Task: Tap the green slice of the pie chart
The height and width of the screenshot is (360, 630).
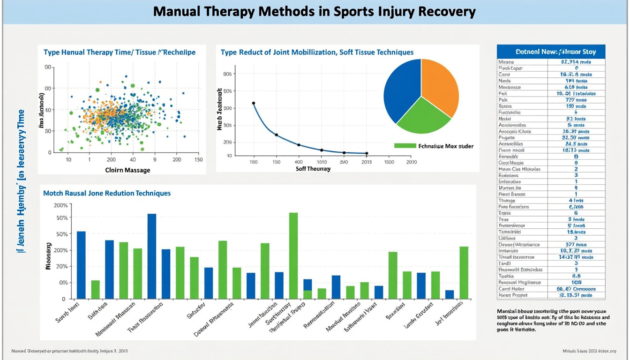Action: [x=422, y=117]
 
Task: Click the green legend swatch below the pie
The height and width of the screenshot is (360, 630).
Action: [x=405, y=146]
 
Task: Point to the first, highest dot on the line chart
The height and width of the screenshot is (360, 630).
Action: [x=254, y=103]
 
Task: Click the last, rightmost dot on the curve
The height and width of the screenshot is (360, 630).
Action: [x=367, y=153]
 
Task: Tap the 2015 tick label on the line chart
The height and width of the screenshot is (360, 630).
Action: [x=367, y=162]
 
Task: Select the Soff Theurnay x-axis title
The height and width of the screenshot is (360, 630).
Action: [x=313, y=169]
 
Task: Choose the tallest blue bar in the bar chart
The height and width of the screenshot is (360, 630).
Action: [x=152, y=256]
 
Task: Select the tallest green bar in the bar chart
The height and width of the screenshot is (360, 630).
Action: [x=293, y=255]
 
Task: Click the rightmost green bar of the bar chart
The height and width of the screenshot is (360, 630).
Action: [x=464, y=272]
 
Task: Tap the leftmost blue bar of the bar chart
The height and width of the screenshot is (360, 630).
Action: [x=81, y=265]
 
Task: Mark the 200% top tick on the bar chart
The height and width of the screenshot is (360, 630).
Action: [x=61, y=205]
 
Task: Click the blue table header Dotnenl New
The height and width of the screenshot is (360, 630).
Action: [x=551, y=52]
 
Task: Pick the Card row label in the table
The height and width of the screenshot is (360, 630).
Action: [x=504, y=75]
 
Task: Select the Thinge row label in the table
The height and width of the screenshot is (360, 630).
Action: [x=507, y=201]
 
